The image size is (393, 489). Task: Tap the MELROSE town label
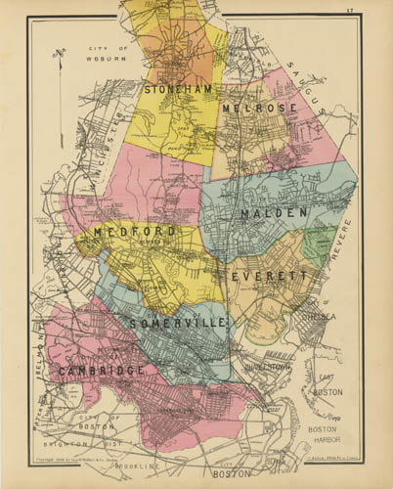pyautogui.click(x=252, y=108)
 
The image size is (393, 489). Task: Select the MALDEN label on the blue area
pyautogui.click(x=274, y=212)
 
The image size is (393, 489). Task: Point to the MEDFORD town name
pyautogui.click(x=136, y=232)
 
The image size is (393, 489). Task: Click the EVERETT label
pyautogui.click(x=270, y=277)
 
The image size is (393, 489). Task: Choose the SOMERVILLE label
pyautogui.click(x=179, y=322)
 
